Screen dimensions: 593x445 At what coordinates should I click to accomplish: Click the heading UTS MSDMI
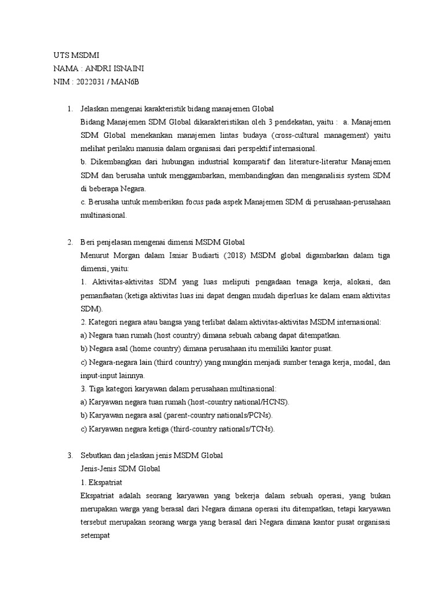(x=73, y=55)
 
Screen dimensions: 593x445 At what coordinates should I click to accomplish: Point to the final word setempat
(x=96, y=536)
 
